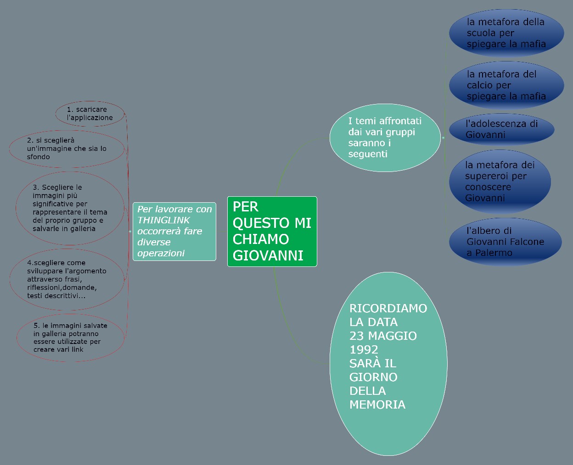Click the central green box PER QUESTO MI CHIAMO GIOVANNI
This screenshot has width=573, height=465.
click(272, 231)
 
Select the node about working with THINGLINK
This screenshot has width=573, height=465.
click(174, 231)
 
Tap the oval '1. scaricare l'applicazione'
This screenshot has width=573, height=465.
click(90, 114)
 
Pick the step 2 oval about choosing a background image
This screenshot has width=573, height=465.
click(67, 149)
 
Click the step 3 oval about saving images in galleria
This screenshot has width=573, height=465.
click(70, 208)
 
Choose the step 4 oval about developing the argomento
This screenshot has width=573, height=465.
click(67, 279)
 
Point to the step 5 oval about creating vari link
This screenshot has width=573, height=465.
click(70, 338)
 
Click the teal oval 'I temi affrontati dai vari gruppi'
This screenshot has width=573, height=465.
click(385, 138)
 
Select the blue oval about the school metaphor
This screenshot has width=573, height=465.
click(506, 33)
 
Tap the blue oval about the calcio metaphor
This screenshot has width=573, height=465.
click(506, 85)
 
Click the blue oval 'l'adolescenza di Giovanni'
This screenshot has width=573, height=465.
click(501, 129)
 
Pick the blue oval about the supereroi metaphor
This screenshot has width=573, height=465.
click(500, 182)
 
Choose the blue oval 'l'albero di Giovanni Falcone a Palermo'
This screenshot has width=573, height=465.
click(505, 242)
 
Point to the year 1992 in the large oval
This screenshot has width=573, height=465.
click(364, 349)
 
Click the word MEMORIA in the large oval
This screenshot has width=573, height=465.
click(377, 404)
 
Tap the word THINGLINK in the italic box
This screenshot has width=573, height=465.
click(163, 220)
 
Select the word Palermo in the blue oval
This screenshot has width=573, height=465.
click(494, 253)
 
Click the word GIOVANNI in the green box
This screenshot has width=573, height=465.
click(268, 255)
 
